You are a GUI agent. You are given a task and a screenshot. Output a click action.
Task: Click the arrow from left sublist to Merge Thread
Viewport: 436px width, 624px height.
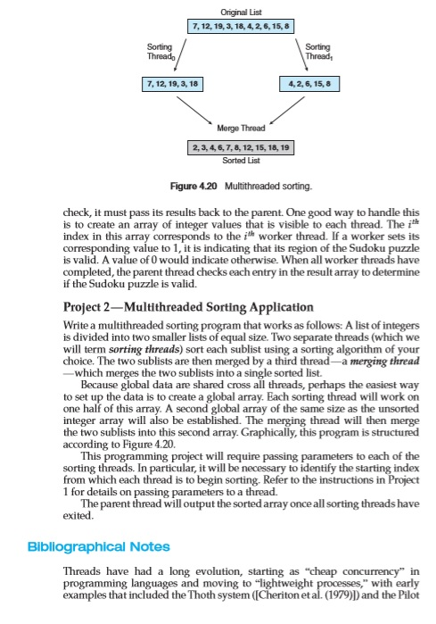[x=185, y=107]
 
